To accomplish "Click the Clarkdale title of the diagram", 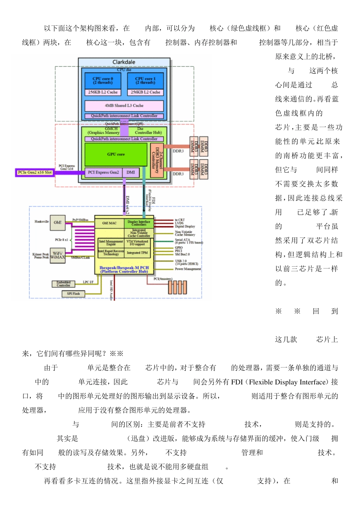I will (x=124, y=62).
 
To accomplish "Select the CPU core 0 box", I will (x=103, y=81).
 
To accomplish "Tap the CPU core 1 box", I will (x=146, y=81).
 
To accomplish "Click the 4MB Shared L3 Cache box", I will (x=124, y=106).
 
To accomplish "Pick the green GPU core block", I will (x=116, y=155).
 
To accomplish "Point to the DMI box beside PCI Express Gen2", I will (x=131, y=172).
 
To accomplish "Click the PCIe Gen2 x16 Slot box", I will (x=34, y=173).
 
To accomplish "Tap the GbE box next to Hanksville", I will (x=58, y=223).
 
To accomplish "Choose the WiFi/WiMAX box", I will (x=58, y=255).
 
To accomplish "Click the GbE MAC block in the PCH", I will (x=109, y=223).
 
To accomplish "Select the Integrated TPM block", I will (x=137, y=253).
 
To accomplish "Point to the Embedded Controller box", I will (x=63, y=284).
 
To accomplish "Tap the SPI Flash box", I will (x=73, y=294).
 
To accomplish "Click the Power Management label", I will (x=188, y=269).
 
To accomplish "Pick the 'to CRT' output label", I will (x=180, y=220).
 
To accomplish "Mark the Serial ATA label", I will (x=183, y=240).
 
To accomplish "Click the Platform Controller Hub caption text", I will (x=124, y=272).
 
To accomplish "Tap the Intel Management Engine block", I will (x=111, y=242).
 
